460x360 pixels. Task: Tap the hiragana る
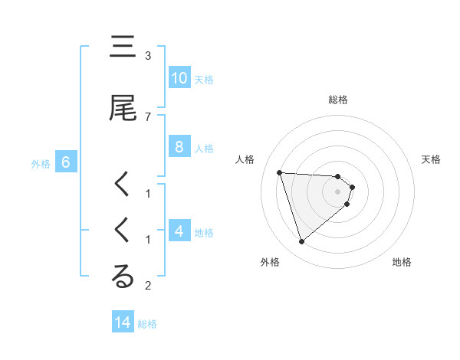123,277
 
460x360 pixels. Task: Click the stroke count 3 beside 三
148,56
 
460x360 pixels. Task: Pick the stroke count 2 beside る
148,286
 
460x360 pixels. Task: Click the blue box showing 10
179,78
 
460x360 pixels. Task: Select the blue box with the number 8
179,147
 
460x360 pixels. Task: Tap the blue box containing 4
179,231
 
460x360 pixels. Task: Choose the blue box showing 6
66,162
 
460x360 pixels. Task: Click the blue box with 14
123,322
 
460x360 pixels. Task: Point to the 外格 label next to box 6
41,163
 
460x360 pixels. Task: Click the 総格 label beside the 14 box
147,323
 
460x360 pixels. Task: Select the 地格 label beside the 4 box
204,232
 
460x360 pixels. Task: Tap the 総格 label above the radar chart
338,100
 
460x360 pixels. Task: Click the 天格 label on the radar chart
432,159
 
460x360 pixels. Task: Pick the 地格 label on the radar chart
402,262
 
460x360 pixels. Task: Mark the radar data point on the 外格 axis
302,242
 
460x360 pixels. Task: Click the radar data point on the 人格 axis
280,172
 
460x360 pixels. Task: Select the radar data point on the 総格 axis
337,177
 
